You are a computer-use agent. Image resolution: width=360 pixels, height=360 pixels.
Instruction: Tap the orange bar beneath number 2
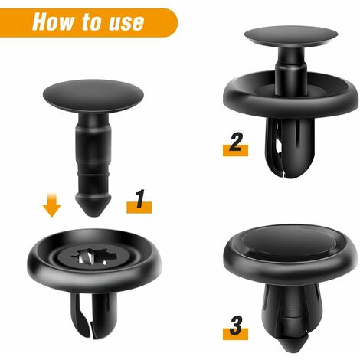(235, 152)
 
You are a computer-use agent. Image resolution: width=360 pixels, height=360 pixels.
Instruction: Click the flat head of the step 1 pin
(90, 94)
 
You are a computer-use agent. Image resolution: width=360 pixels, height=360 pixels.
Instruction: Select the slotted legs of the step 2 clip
(290, 149)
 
